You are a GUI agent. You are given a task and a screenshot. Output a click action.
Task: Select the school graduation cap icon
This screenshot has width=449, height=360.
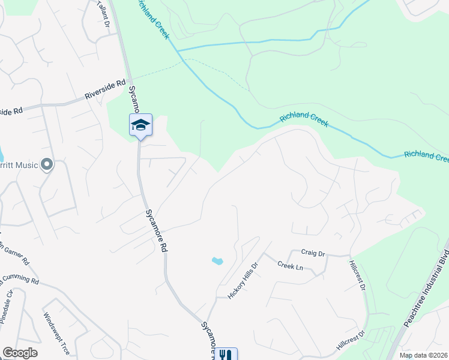pos(140,125)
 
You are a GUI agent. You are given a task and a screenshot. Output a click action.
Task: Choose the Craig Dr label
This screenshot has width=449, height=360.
pos(313,254)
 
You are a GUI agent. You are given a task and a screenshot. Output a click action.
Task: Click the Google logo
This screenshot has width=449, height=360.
pos(20,353)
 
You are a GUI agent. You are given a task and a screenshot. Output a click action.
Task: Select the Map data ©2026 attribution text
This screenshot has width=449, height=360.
pos(423,355)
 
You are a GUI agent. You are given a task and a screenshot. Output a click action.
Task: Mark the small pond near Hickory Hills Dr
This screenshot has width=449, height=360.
pos(217,261)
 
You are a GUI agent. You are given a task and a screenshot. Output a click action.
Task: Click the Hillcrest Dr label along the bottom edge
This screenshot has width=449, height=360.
pos(351,341)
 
